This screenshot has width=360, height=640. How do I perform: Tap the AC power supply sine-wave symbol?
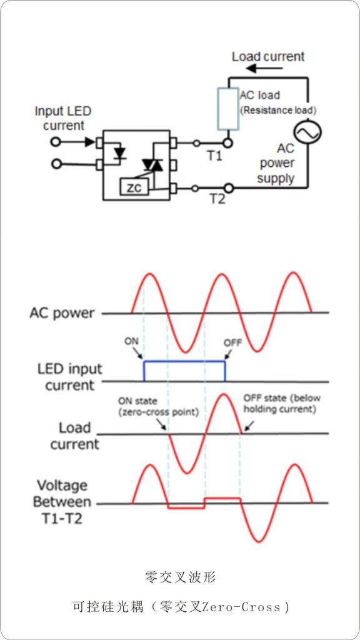pyautogui.click(x=307, y=132)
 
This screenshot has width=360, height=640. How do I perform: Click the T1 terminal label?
pyautogui.click(x=215, y=156)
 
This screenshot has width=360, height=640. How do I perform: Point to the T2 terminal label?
pyautogui.click(x=217, y=199)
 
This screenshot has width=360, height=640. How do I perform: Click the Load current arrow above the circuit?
pyautogui.click(x=256, y=68)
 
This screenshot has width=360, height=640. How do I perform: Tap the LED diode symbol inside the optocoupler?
pyautogui.click(x=119, y=152)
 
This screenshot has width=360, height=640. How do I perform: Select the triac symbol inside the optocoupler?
pyautogui.click(x=152, y=164)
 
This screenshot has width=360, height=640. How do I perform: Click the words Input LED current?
pyautogui.click(x=63, y=118)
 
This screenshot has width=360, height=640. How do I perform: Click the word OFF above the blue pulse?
pyautogui.click(x=232, y=342)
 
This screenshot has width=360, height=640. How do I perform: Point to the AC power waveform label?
pyautogui.click(x=62, y=314)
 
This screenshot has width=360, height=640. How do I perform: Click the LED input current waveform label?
pyautogui.click(x=69, y=377)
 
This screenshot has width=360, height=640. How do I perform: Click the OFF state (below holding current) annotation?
pyautogui.click(x=282, y=403)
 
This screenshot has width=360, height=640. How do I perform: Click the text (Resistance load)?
pyautogui.click(x=278, y=110)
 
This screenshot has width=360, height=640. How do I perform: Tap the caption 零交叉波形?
pyautogui.click(x=180, y=577)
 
